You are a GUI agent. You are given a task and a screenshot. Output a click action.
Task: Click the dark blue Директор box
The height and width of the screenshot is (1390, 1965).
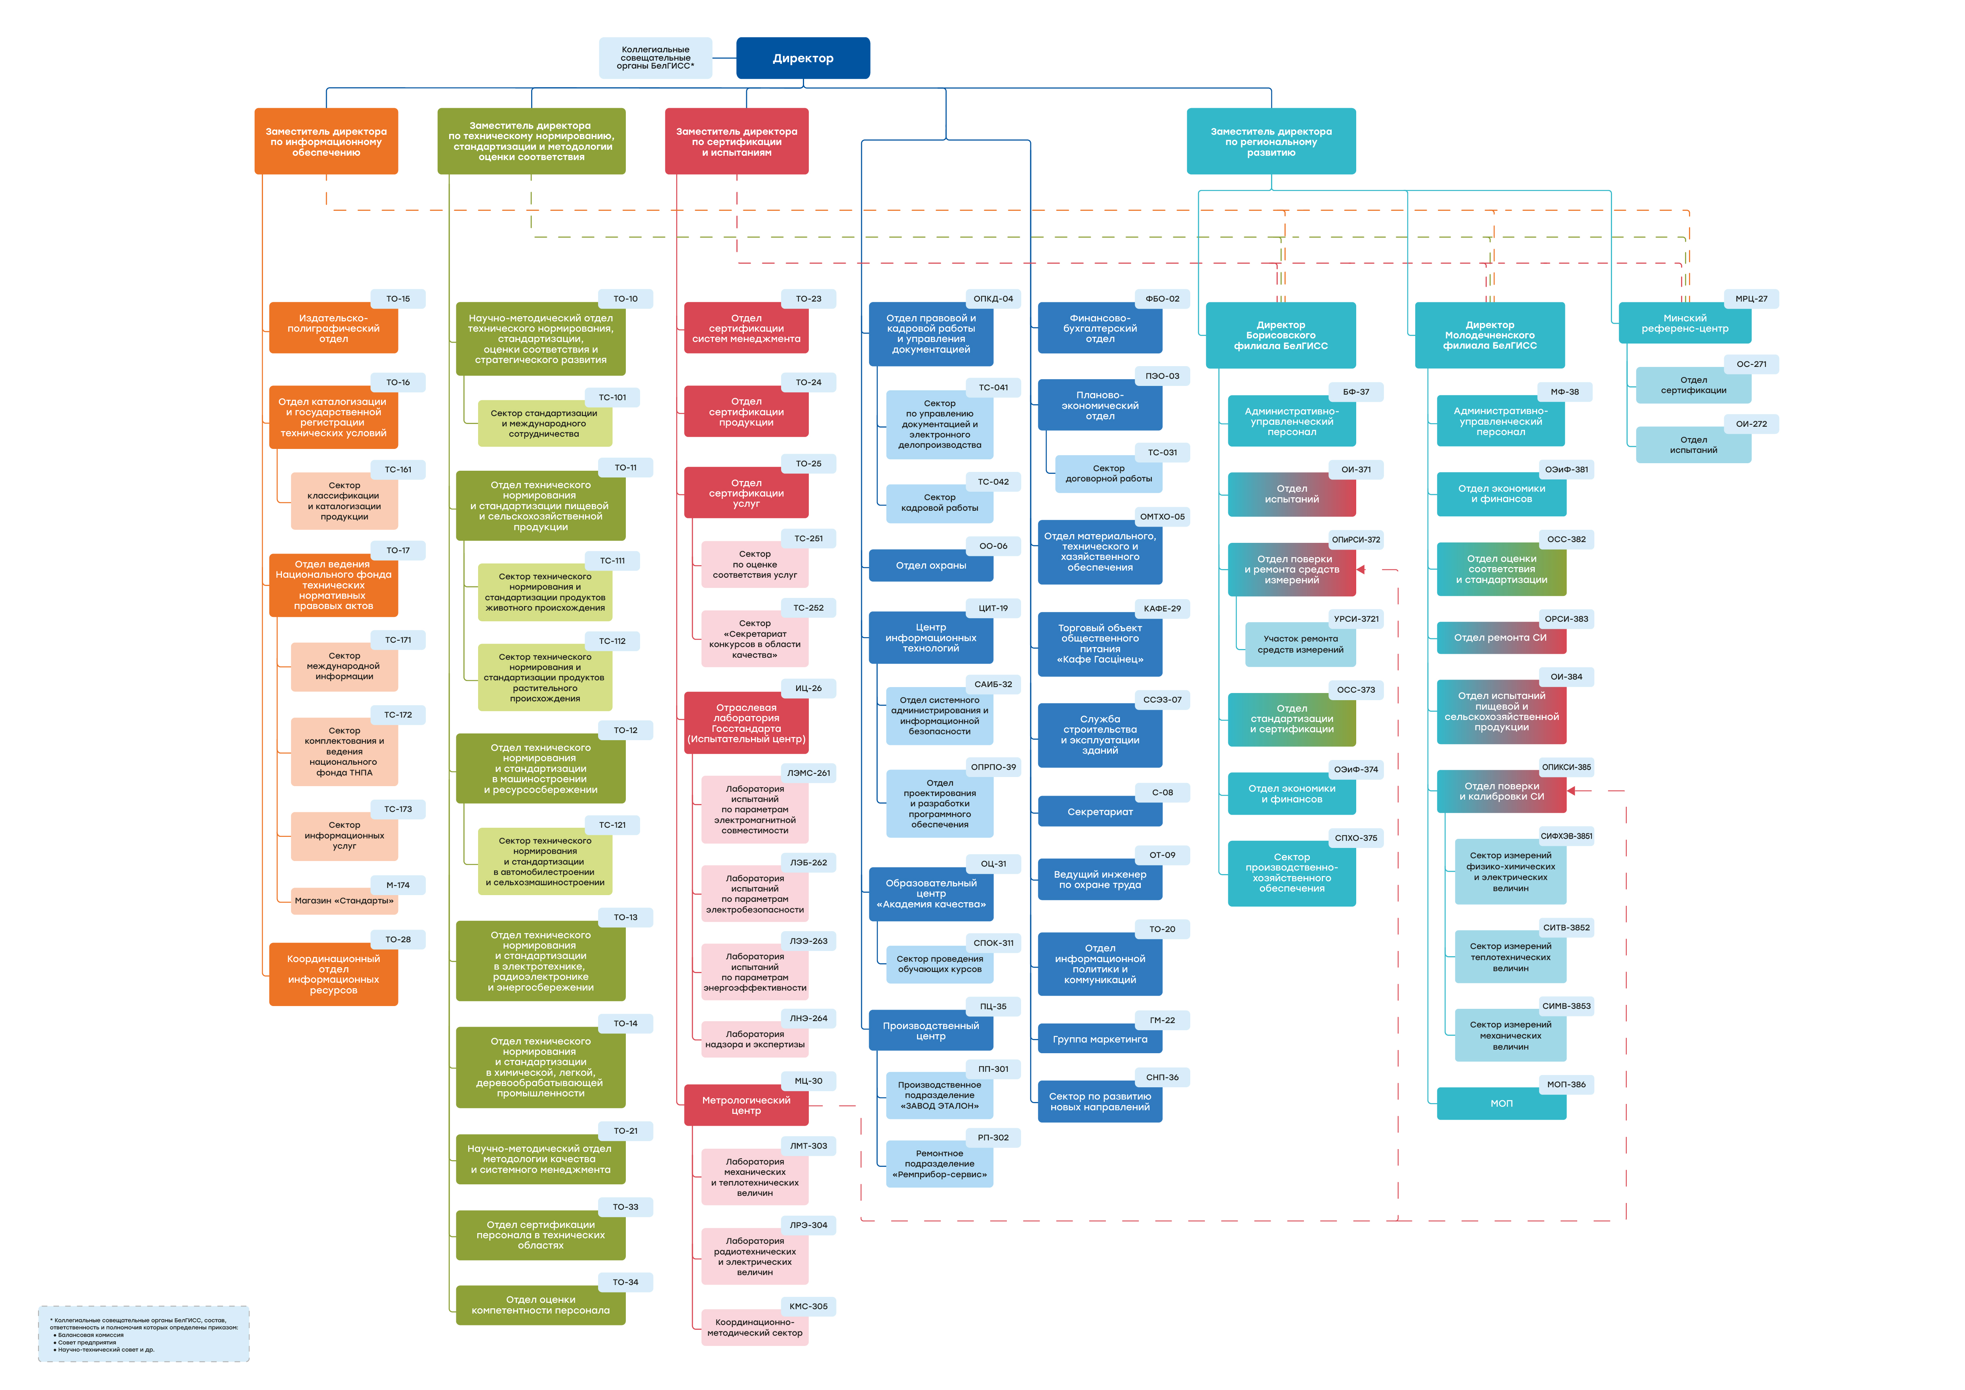(803, 58)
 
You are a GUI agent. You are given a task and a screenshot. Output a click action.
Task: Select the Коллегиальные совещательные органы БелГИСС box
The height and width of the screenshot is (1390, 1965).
(656, 58)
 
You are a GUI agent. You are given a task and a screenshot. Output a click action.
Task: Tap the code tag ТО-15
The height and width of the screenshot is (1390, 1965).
(398, 299)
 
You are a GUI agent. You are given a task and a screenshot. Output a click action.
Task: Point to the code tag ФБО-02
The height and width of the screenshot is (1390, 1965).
(1162, 299)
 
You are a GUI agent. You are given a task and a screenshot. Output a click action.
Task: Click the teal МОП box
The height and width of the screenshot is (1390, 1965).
(1502, 1103)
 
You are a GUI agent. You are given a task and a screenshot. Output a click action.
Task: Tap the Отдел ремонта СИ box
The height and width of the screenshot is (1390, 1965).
(1502, 638)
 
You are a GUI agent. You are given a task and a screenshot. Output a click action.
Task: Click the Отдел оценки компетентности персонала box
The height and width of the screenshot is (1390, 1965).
(541, 1305)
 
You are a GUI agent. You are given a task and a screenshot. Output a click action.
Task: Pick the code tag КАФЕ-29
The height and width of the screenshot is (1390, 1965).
(1162, 609)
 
